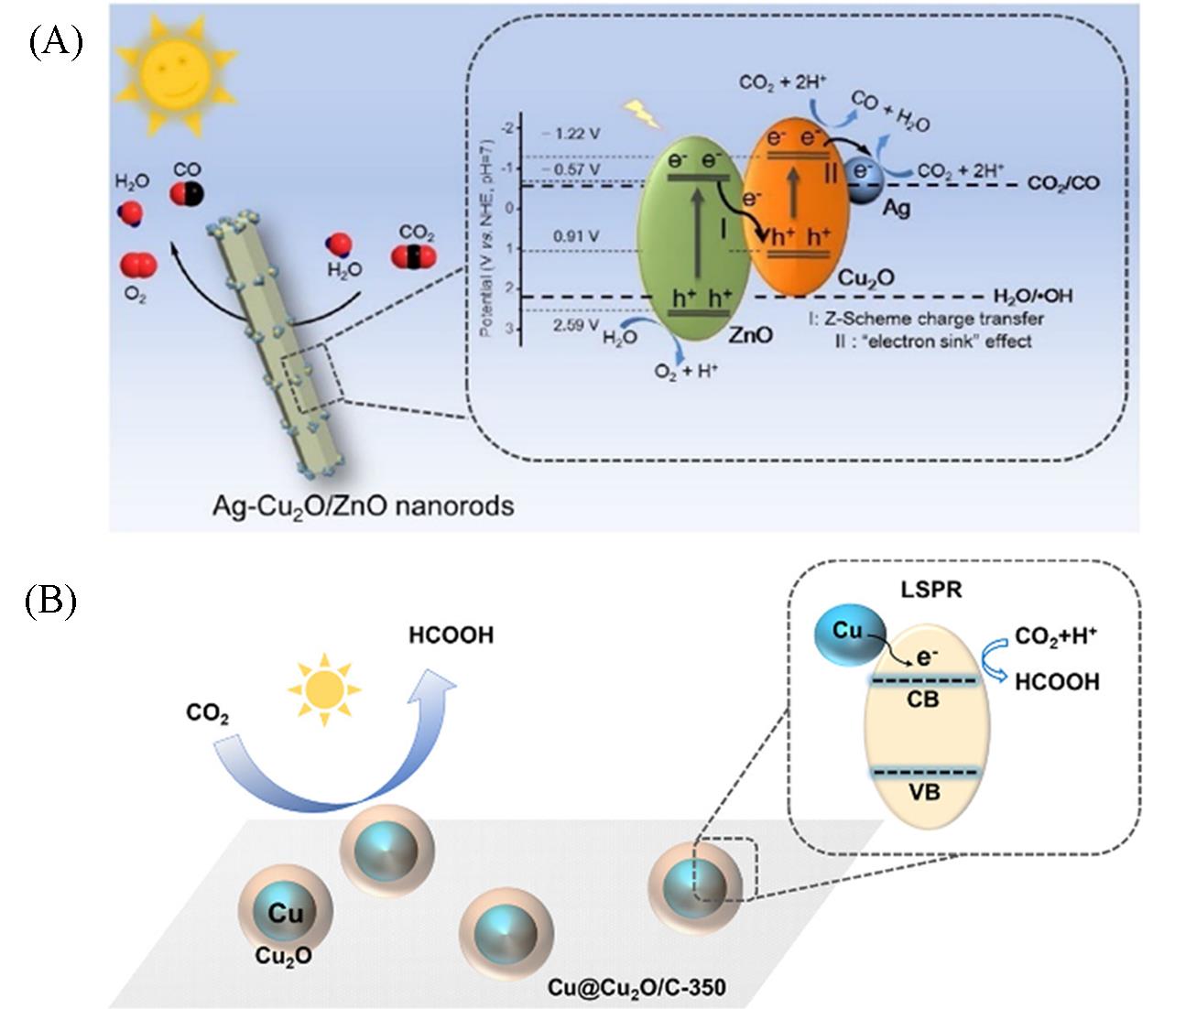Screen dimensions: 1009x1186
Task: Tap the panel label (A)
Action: pyautogui.click(x=55, y=42)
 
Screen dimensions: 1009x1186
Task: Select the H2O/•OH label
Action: pyautogui.click(x=1033, y=296)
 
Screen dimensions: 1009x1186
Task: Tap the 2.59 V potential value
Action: pyautogui.click(x=576, y=325)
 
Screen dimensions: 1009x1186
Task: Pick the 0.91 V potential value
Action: pyautogui.click(x=576, y=237)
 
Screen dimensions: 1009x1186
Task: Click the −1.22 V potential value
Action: pyautogui.click(x=574, y=134)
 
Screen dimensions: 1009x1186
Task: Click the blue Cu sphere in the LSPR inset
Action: pyautogui.click(x=846, y=634)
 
